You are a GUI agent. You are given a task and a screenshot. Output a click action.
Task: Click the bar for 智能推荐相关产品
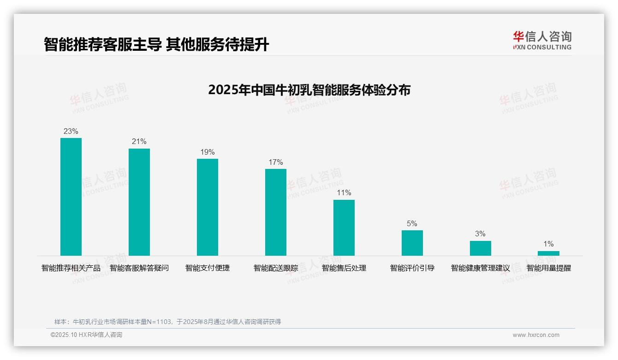point(71,197)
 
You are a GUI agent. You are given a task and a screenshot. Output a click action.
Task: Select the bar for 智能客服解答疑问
point(139,202)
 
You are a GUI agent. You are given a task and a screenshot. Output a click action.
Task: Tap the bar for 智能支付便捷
point(208,207)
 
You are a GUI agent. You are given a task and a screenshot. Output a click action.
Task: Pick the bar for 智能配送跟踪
point(276,212)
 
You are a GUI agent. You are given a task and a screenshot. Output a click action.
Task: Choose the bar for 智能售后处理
point(344,228)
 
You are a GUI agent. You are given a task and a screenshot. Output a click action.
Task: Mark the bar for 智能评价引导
point(412,243)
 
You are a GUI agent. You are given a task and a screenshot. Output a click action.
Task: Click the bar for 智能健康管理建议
point(481,248)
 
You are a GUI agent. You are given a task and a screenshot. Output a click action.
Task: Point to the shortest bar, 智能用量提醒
point(548,253)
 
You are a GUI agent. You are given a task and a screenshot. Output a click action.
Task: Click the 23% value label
point(71,132)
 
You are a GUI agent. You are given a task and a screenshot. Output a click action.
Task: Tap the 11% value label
point(344,193)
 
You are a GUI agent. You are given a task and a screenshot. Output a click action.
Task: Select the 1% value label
point(548,244)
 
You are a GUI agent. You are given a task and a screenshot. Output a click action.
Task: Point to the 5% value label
point(412,224)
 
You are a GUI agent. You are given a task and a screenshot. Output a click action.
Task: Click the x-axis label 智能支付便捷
point(208,268)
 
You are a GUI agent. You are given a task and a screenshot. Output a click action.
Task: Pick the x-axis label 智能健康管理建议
point(481,268)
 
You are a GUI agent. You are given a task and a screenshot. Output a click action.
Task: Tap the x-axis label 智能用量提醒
point(549,268)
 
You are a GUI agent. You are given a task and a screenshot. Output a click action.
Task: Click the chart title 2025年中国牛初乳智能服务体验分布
point(309,90)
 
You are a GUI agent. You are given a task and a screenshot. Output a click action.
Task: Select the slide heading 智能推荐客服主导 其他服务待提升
point(156,44)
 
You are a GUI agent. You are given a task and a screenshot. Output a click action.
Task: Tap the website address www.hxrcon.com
point(536,335)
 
